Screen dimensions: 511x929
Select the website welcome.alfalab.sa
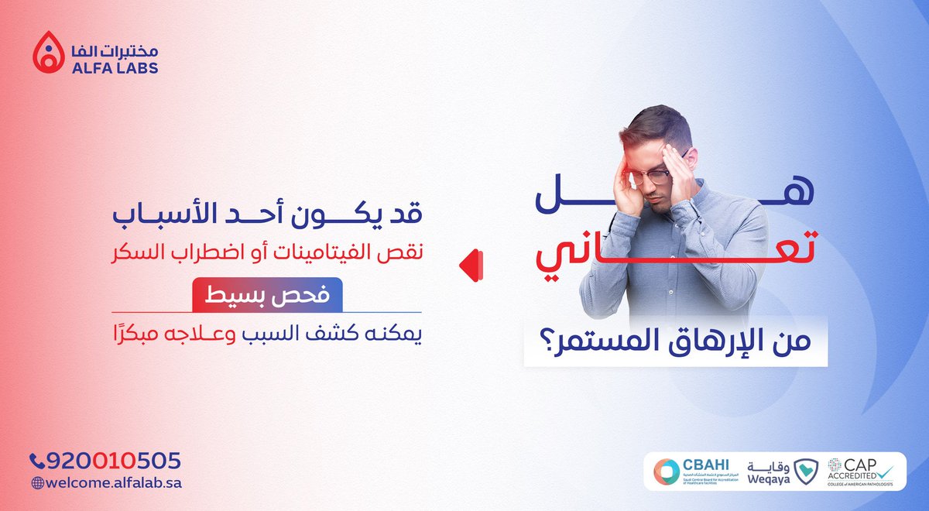click(113, 482)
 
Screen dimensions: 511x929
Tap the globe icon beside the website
click(36, 482)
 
